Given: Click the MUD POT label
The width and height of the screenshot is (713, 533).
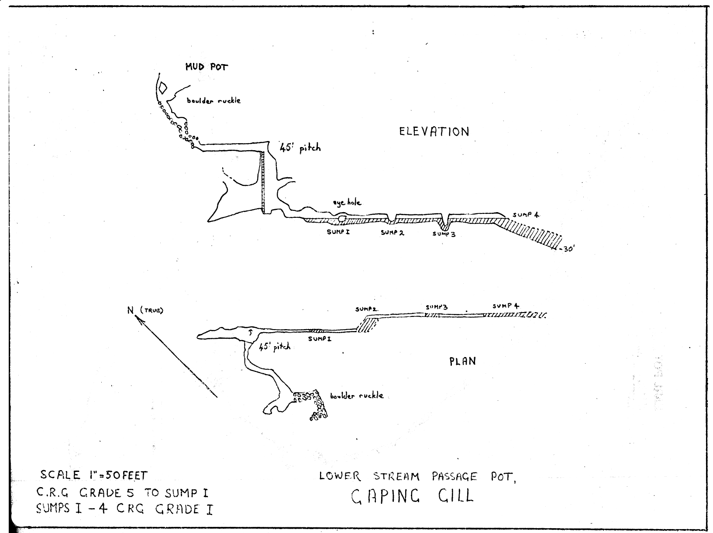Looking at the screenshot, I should click(207, 67).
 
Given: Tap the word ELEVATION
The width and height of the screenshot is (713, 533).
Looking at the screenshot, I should click(434, 132).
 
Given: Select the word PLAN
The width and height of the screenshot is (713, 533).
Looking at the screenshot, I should click(462, 361).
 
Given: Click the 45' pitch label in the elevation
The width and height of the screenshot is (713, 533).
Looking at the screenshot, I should click(300, 148).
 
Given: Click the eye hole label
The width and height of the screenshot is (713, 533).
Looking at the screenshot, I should click(347, 203).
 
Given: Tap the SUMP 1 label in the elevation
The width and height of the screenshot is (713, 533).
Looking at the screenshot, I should click(338, 232).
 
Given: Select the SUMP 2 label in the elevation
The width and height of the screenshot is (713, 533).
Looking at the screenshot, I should click(392, 233).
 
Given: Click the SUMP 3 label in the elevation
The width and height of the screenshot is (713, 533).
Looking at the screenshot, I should click(444, 234).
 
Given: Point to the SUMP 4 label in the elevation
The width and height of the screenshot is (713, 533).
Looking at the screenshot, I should click(526, 214).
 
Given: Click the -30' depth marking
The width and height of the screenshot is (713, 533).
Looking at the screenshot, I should click(567, 249).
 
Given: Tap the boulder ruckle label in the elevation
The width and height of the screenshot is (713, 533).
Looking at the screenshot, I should click(214, 100).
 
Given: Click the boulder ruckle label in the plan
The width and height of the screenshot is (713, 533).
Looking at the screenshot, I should click(356, 395).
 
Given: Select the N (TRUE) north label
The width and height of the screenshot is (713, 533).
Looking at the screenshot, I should click(145, 310).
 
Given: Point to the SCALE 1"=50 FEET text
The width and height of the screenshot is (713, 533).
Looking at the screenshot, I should click(93, 475).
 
